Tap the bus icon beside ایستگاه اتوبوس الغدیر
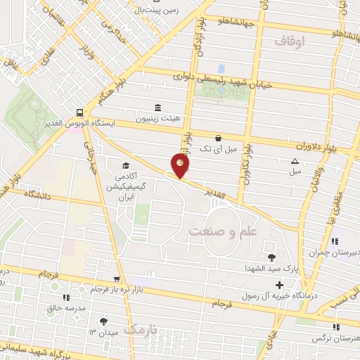pos(80,112)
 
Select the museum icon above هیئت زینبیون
pos(157,108)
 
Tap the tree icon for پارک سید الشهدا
pos(272,256)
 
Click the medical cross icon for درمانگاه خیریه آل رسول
pos(280,285)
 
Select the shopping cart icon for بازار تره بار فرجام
pos(127,279)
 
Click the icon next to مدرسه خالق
pos(66,297)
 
